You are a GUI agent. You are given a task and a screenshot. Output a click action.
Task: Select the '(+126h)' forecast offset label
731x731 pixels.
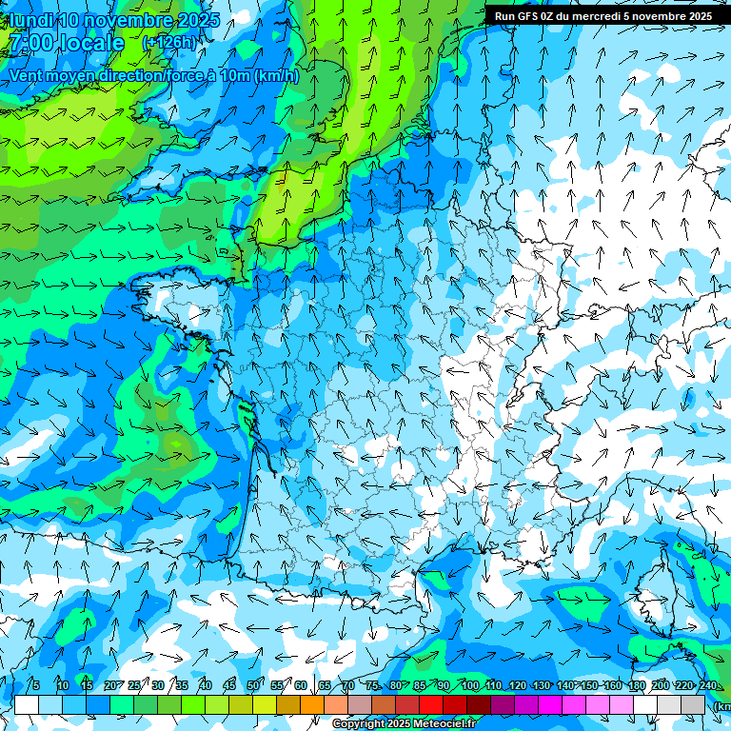click(169, 43)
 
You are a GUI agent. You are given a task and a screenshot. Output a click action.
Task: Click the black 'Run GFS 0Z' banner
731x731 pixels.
click(603, 16)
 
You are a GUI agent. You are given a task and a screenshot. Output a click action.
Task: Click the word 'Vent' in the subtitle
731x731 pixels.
click(28, 76)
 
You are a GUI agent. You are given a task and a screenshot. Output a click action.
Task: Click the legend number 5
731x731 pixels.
click(36, 685)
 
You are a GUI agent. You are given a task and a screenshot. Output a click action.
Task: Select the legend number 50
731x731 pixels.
click(253, 685)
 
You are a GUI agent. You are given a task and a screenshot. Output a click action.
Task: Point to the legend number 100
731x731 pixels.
click(469, 685)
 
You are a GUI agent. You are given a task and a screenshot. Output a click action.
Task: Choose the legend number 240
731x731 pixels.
click(707, 685)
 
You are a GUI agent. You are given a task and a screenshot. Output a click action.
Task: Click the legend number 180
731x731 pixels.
click(636, 685)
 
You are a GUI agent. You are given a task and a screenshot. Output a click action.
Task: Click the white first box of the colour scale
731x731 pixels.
click(27, 704)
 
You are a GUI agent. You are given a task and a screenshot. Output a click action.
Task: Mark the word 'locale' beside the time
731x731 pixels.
click(91, 44)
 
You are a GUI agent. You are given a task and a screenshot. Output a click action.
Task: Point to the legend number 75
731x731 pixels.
click(372, 685)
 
